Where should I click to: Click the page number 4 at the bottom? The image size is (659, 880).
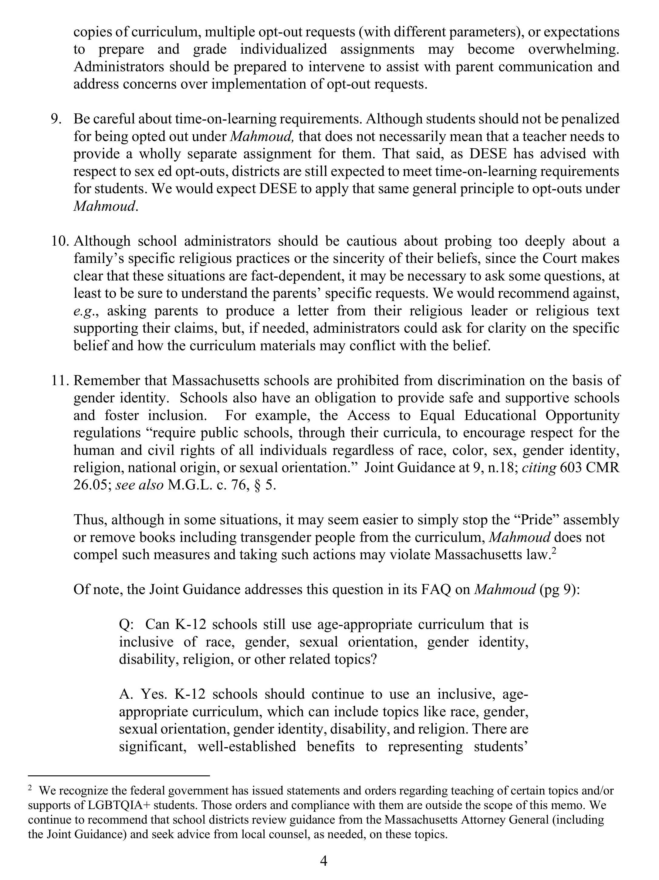(x=323, y=861)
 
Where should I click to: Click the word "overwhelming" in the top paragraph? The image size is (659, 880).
(x=573, y=49)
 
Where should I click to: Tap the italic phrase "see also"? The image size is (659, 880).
(x=139, y=485)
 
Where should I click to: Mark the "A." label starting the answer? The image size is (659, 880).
(x=126, y=694)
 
